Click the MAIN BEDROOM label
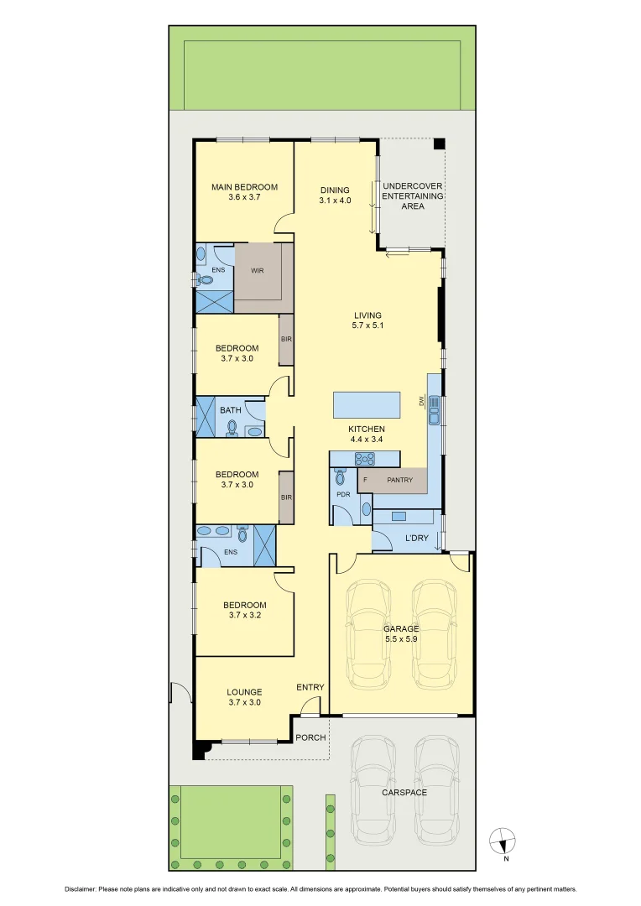pos(244,187)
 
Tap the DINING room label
pos(335,190)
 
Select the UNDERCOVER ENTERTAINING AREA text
pos(412,195)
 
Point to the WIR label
pos(258,271)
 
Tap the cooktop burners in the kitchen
pos(367,458)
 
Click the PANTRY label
pos(399,480)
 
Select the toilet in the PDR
pos(340,476)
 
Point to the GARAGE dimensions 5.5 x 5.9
pos(401,638)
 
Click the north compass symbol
pos(503,839)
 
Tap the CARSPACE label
pos(404,792)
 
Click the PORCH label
pos(310,737)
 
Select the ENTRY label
pos(310,688)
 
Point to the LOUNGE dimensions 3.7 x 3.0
pos(244,703)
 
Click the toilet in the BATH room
pos(232,428)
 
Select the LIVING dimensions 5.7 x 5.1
pos(368,325)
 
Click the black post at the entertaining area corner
pos(438,144)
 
